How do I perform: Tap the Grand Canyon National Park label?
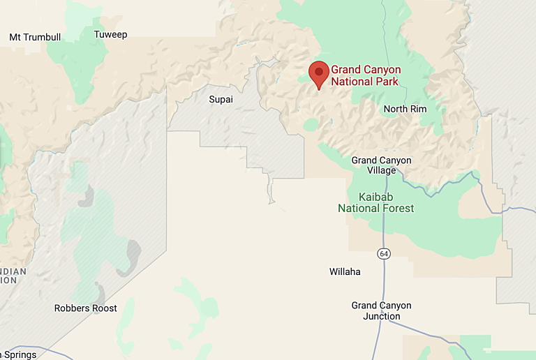[x=365, y=75]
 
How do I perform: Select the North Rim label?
[x=405, y=109]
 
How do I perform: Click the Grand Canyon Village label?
[x=381, y=165]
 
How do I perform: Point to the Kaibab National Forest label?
[x=375, y=202]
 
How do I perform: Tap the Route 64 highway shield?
[x=384, y=254]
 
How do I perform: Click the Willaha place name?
[x=345, y=271]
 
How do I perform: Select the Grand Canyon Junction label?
[x=381, y=311]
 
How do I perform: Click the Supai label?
[x=221, y=99]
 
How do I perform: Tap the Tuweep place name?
[x=110, y=35]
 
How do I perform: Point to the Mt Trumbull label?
[x=35, y=37]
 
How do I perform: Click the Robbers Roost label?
[x=86, y=308]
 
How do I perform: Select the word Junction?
[x=381, y=317]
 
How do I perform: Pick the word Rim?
[x=418, y=109]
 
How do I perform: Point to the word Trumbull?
[x=43, y=37]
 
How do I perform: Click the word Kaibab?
[x=376, y=197]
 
